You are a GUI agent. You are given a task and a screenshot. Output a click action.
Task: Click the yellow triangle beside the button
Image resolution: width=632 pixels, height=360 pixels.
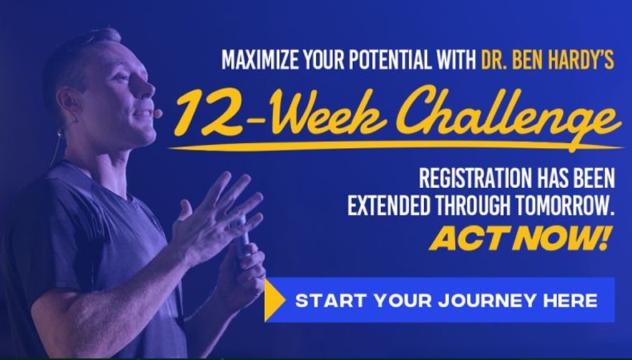click(274, 300)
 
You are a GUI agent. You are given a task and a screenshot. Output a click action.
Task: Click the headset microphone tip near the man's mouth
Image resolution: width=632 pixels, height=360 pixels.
click(158, 114)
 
